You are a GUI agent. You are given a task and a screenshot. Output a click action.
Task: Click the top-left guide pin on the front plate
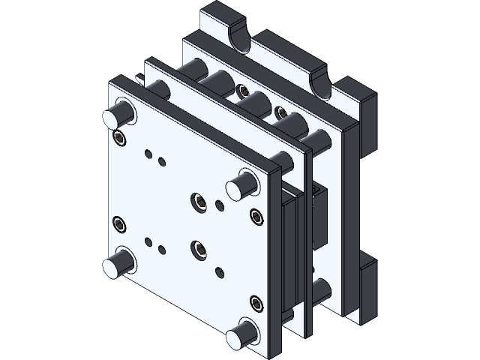[118, 115]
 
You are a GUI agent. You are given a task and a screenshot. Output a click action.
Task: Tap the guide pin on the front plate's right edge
[244, 183]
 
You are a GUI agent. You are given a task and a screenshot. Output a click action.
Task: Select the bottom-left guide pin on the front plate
[118, 263]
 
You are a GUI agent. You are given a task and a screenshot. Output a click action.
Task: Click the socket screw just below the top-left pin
[119, 137]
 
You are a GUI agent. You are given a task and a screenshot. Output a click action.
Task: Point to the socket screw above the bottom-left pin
[118, 223]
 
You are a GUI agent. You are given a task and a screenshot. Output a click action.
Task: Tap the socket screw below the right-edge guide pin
[257, 217]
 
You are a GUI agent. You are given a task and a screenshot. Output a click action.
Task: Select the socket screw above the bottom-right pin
[257, 303]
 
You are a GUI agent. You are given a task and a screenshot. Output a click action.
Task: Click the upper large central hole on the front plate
[199, 200]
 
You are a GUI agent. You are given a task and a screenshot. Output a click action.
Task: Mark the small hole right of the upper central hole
[219, 205]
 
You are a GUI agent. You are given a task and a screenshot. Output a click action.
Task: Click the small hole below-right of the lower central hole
[218, 271]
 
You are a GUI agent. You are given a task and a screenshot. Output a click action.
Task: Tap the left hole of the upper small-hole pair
[149, 155]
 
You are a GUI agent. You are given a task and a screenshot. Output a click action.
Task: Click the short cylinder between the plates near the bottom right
[322, 292]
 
